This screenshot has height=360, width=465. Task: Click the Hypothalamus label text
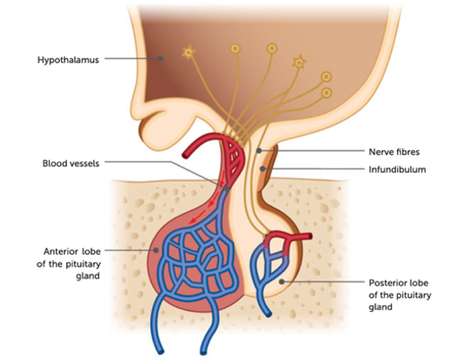(68, 60)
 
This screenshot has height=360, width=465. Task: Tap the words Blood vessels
(71, 163)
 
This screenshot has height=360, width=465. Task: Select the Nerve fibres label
(394, 152)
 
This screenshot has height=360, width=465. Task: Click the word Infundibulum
(397, 170)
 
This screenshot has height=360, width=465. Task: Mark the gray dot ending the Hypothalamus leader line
(160, 59)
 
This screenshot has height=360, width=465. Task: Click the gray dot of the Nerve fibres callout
(259, 151)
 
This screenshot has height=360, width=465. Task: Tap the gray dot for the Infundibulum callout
(262, 169)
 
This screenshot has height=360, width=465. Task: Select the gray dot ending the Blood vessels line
(227, 188)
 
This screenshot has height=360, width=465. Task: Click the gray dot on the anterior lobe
(156, 250)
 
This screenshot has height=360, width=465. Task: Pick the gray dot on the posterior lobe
(282, 281)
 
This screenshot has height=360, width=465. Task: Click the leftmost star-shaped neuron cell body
(188, 53)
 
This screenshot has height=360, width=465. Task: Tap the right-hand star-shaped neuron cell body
(300, 62)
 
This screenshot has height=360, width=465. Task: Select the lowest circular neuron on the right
(327, 93)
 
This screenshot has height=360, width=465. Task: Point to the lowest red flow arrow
(196, 217)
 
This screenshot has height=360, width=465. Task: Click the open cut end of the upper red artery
(186, 155)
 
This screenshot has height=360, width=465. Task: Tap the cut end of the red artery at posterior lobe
(310, 237)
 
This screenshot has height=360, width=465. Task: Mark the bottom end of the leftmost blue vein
(160, 352)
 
